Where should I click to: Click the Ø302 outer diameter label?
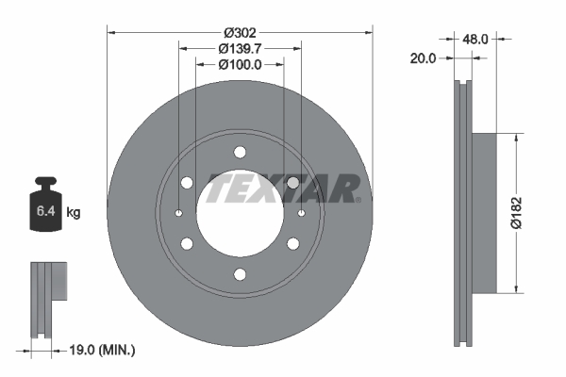pos(240,21)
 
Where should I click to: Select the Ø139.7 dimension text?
pos(240,47)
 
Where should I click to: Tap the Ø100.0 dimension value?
pos(240,65)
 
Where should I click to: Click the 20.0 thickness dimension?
pos(424,58)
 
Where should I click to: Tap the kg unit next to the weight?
pos(74,214)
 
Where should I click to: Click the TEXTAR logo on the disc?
pos(283,188)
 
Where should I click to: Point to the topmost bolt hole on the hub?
pos(240,153)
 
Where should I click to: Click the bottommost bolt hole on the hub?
pos(240,275)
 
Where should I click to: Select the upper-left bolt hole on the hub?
pos(187,183)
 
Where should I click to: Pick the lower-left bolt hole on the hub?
pos(187,244)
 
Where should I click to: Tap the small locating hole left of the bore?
pos(178,214)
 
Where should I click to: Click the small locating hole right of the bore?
pos(301,214)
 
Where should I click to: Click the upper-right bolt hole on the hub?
pos(293,183)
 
